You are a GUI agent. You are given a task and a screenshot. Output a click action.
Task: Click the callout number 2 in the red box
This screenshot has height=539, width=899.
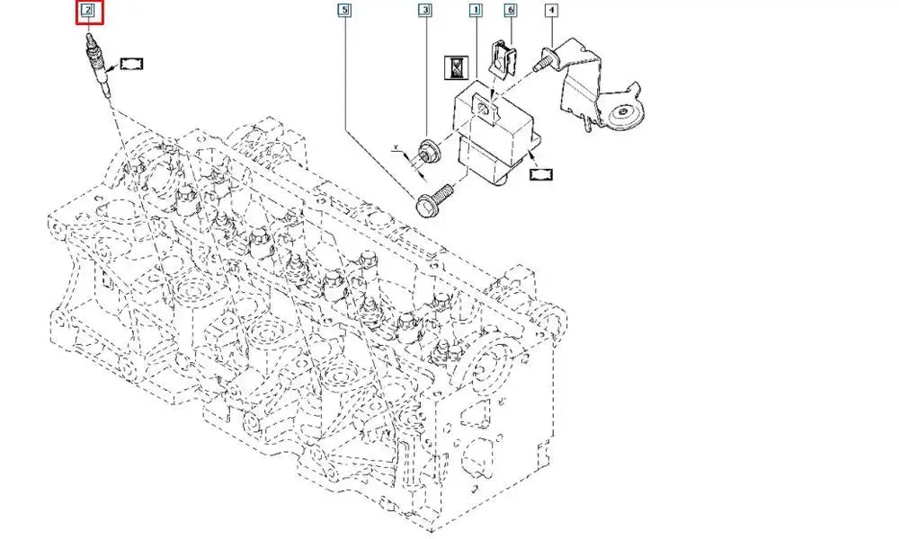point(88,12)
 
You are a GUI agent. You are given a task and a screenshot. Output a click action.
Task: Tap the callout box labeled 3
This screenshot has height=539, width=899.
point(424,12)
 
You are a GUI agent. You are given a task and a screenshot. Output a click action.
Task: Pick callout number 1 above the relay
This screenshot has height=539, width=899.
point(475,12)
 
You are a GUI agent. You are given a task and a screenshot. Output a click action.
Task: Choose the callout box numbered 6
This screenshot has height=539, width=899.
point(510,12)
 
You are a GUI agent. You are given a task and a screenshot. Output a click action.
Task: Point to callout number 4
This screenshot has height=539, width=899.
point(550,12)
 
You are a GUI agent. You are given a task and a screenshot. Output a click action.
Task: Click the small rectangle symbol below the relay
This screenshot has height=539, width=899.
point(544,174)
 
